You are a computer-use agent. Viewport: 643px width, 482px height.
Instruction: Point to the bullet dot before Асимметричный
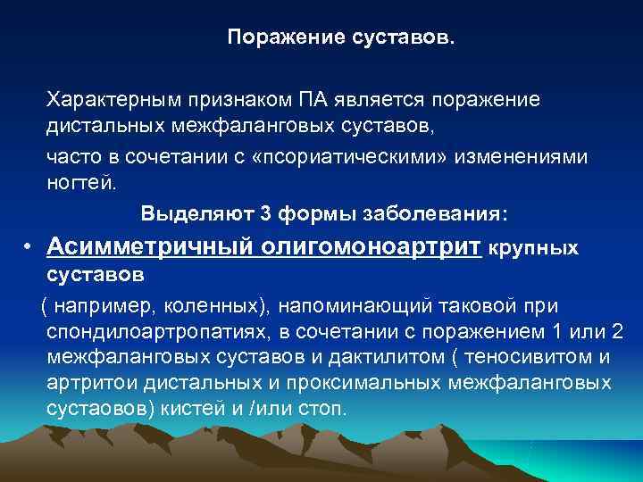click(x=29, y=247)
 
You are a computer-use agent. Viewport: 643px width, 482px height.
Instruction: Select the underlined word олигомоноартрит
click(x=370, y=246)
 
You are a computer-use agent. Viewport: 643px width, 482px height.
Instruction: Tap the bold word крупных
click(x=535, y=248)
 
